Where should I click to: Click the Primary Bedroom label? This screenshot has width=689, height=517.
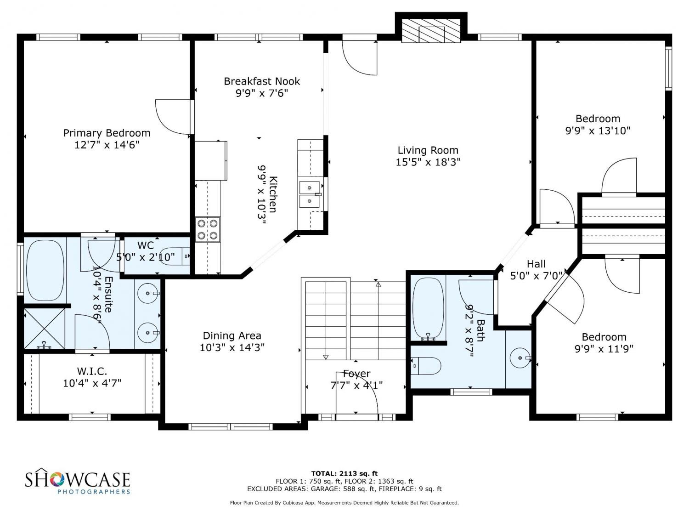coord(107,133)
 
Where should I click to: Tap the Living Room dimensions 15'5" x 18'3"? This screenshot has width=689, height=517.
coord(428,162)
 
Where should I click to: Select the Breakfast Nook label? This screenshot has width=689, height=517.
coord(262,81)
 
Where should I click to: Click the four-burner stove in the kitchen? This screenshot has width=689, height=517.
coord(208,229)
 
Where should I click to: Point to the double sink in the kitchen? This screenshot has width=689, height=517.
coord(310,194)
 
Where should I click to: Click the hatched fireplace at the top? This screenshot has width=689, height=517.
coord(431,30)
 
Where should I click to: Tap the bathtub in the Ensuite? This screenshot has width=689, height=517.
coord(45,270)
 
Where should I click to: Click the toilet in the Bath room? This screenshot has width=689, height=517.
coord(426,366)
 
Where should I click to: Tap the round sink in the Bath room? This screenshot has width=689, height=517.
coord(520,358)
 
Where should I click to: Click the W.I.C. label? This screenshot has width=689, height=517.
coord(92,372)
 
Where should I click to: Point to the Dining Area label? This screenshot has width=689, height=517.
coord(232,336)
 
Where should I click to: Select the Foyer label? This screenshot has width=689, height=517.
coord(356,374)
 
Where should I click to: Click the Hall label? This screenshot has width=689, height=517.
coord(536,264)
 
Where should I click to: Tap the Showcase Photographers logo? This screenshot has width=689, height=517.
coord(78,481)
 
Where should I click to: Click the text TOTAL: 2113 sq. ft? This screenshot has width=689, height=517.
coord(344,473)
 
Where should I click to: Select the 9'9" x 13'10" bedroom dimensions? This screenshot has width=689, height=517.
coord(598,131)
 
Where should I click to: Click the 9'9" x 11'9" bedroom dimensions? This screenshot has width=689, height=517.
coord(604,349)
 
